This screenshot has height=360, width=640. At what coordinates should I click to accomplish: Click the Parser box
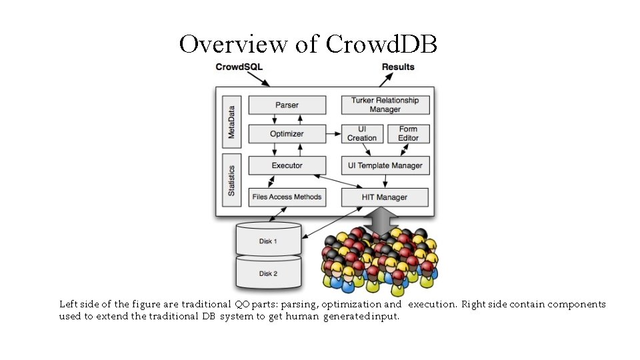pos(287,105)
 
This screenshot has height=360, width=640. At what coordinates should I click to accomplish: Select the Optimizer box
pos(287,133)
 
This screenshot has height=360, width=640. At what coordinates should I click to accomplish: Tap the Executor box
pos(287,165)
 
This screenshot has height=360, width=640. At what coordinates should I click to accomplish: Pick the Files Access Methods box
pos(287,197)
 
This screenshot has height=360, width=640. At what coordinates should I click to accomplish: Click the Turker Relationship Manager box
pos(385,105)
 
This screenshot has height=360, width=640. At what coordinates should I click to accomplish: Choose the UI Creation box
pos(362,133)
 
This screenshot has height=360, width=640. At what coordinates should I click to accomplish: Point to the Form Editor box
pos(409,133)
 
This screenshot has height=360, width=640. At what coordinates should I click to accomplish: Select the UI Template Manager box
pos(385,165)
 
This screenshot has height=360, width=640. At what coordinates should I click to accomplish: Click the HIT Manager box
pos(385,197)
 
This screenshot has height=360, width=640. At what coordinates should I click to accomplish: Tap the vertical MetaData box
pos(231,121)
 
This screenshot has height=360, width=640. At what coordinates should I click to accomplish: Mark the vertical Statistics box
pos(231,181)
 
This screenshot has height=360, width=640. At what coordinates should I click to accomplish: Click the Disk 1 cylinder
pos(269,240)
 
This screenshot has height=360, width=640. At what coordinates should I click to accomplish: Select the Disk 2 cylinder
pos(269,273)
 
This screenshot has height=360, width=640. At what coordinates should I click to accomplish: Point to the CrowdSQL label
pos(239,67)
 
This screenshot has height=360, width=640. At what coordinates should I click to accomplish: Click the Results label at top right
pos(398,67)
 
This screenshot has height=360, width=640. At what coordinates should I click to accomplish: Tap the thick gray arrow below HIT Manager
pos(383,221)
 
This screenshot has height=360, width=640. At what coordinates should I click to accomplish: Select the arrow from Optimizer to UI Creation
pos(333,134)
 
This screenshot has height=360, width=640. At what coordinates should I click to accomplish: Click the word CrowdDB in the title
pos(381,44)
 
